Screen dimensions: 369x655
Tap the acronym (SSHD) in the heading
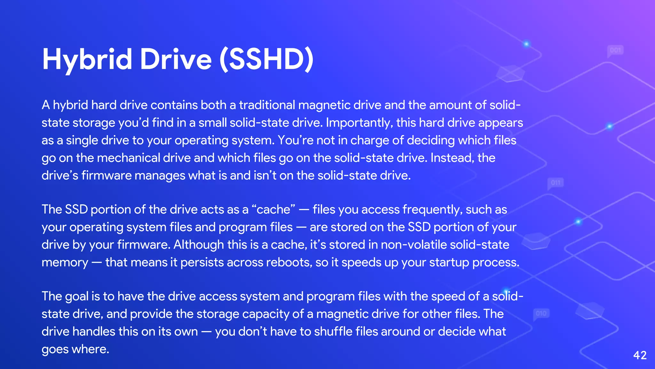266,60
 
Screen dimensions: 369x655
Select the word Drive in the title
176,60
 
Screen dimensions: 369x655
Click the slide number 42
640,355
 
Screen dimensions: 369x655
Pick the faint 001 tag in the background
615,50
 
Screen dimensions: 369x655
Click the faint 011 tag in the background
556,183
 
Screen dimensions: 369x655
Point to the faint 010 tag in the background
541,313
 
